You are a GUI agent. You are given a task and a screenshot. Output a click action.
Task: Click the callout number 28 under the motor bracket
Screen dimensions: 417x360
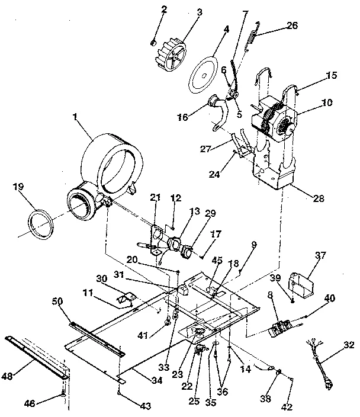[319, 199]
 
